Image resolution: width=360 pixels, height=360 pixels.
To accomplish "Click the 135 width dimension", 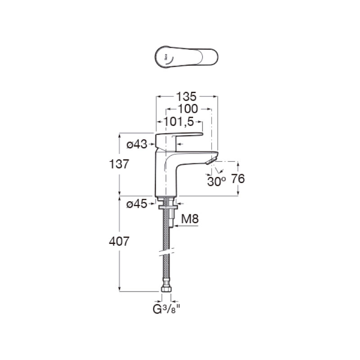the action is tap(186, 97).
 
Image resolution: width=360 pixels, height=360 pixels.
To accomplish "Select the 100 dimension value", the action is tap(188, 109).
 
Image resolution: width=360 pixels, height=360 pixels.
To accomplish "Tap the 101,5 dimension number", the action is tap(178, 122).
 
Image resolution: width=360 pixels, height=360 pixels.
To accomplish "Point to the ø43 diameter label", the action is tap(137, 144).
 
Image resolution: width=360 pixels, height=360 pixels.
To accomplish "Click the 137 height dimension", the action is tap(119, 164).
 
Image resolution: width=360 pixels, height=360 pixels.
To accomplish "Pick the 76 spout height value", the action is tap(238, 179).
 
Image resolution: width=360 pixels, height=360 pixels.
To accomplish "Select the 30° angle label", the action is tap(216, 181).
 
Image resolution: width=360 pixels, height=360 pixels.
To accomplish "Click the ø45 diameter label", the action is tap(137, 204).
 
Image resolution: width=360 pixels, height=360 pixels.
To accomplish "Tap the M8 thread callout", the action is tap(190, 219).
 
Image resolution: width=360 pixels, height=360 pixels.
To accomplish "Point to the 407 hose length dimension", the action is tap(119, 242).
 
